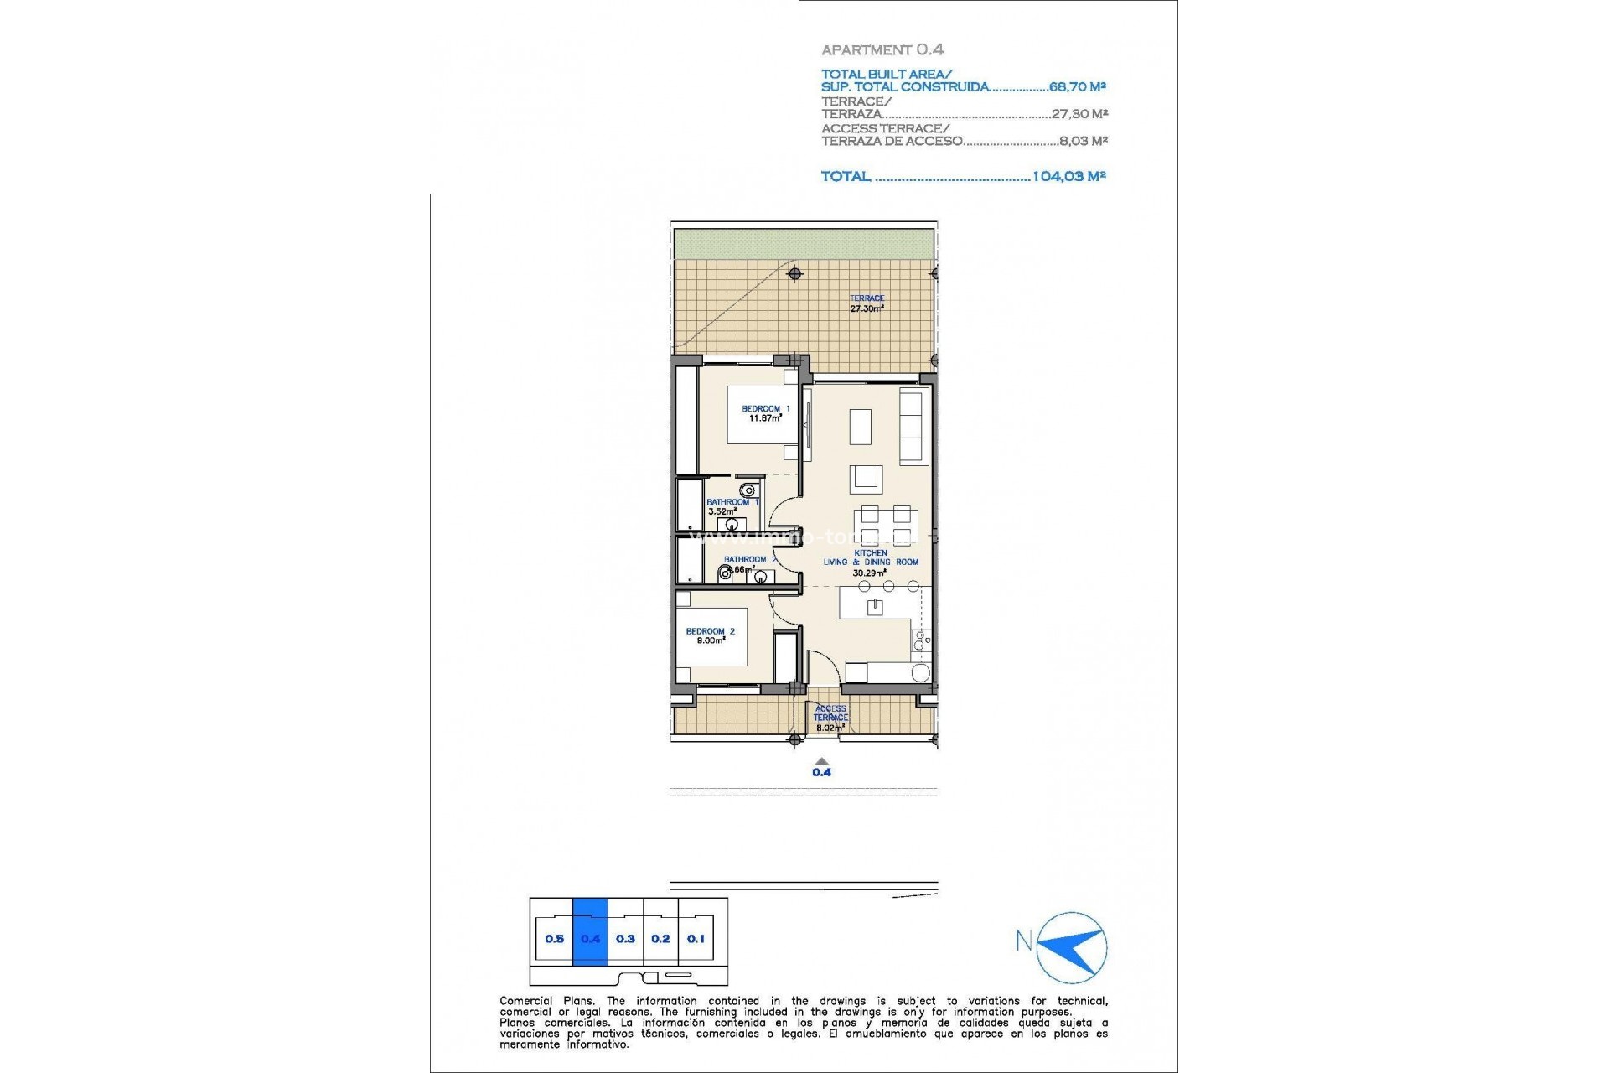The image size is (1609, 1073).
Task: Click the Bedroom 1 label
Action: point(765,409)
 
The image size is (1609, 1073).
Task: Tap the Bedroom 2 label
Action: point(710,631)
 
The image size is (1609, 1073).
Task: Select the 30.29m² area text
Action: point(869,573)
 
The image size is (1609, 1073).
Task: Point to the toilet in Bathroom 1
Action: point(748,490)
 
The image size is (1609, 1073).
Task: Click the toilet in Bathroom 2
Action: point(725,574)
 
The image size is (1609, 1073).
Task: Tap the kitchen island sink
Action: point(875,607)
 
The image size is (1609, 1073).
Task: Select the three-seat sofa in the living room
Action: point(912,425)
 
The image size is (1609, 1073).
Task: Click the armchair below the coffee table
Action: point(866,479)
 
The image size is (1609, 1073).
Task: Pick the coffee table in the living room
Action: point(861,426)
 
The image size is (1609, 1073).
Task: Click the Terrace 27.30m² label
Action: point(867,303)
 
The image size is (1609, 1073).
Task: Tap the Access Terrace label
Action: point(830,713)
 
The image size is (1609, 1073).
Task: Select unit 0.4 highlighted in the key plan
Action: point(590,939)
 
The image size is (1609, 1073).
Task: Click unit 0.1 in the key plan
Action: point(696,939)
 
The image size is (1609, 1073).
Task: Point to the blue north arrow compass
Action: point(1072,947)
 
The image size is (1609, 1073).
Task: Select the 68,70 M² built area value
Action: point(1078,86)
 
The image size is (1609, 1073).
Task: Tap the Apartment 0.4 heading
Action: point(882,50)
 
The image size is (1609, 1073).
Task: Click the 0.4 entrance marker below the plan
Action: point(821,769)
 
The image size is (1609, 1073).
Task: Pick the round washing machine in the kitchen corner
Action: point(920,672)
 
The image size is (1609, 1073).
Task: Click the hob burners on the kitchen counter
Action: point(920,641)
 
